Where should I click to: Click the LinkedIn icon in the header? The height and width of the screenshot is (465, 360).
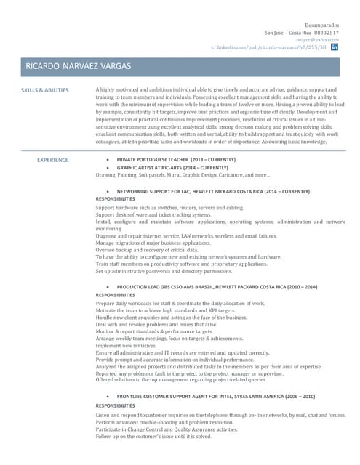335,46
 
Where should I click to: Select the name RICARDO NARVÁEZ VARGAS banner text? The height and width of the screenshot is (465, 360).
79,66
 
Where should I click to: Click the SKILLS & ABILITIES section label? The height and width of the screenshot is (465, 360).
45,90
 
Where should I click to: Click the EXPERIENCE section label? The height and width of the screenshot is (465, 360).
53,159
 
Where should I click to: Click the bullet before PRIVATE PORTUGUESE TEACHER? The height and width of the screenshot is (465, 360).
108,159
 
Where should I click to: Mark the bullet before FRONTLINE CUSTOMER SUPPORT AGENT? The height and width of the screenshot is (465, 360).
108,397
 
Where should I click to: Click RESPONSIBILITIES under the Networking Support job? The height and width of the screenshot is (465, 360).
115,199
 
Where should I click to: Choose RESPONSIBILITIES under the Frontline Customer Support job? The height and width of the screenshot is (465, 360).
115,405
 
